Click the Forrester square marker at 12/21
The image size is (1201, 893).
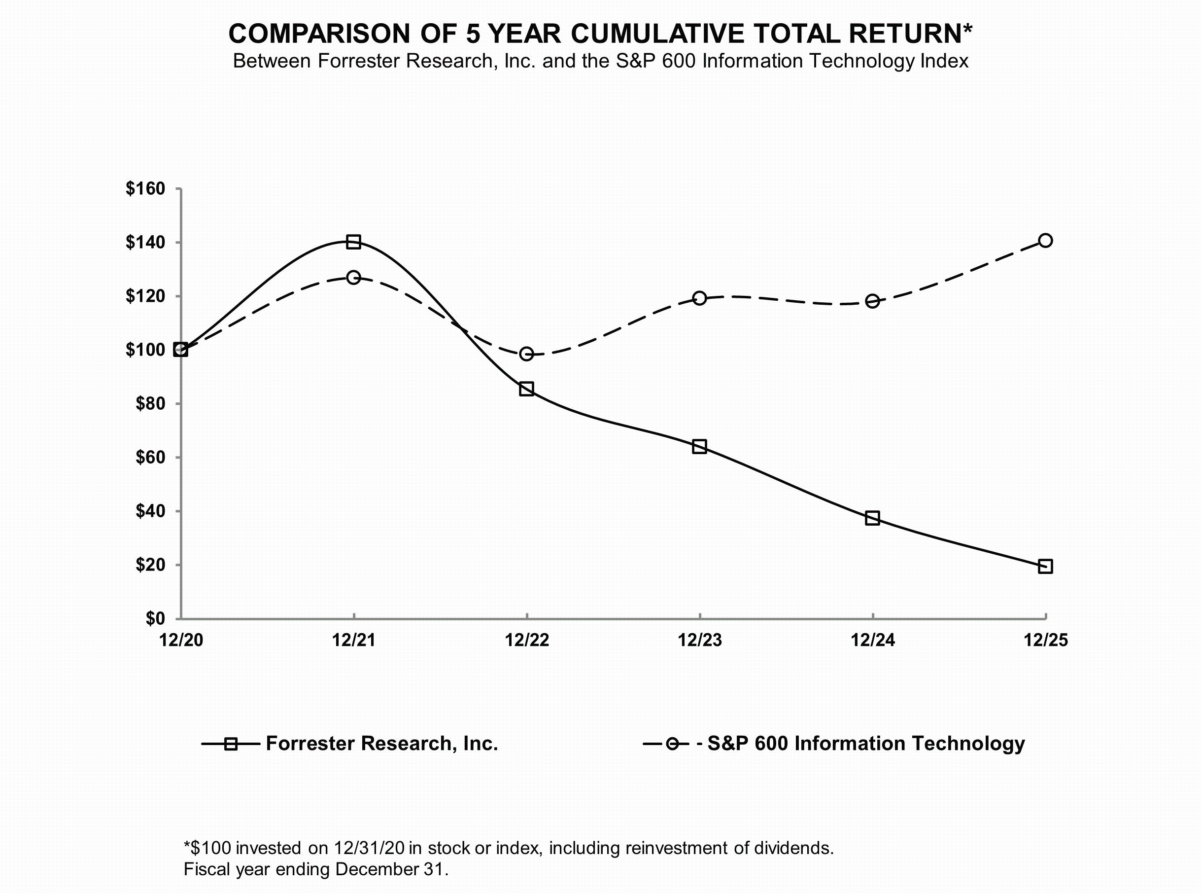point(353,242)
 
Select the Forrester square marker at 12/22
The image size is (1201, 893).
point(526,389)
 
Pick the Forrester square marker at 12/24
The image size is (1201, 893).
point(872,518)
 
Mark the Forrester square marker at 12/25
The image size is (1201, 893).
point(1045,566)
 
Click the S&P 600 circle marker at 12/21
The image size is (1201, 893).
point(353,277)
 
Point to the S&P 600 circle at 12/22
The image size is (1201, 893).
point(526,354)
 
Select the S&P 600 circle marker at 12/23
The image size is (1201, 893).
point(699,298)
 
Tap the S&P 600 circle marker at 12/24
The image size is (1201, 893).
point(872,301)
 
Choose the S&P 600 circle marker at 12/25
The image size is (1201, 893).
point(1045,240)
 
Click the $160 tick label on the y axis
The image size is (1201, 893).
point(145,189)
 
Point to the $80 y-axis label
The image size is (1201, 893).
point(150,403)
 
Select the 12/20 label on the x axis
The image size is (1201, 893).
point(181,640)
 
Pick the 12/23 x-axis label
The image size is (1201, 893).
point(700,640)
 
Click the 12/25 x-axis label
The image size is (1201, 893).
point(1046,640)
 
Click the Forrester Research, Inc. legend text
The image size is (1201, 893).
point(381,743)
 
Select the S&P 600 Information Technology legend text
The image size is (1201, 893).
point(865,743)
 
